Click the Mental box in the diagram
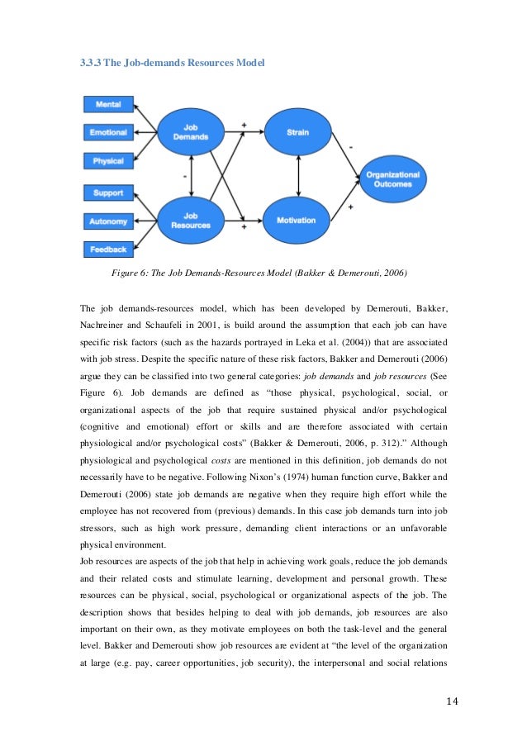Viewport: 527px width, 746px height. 108,105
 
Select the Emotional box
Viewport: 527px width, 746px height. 108,132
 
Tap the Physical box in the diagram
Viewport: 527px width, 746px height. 108,160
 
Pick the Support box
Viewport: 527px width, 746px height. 108,193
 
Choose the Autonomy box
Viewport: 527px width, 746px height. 108,221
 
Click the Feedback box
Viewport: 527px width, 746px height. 108,249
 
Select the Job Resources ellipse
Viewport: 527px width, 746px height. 190,221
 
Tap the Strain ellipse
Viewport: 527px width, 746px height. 297,132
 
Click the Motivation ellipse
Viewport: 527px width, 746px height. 297,221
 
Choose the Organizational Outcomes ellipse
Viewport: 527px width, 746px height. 392,179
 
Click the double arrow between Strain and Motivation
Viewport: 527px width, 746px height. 297,176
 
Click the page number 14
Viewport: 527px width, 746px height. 451,701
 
